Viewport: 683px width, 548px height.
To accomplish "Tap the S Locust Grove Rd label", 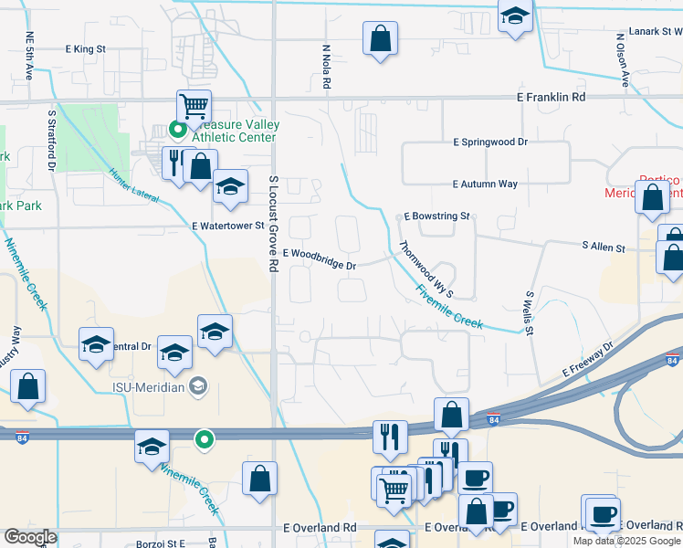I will (x=273, y=223).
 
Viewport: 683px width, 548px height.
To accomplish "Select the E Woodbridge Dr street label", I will (x=319, y=258).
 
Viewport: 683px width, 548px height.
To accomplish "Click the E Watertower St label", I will (x=227, y=225).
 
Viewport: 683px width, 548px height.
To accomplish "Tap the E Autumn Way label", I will (x=484, y=184).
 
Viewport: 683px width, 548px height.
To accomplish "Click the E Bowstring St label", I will (x=436, y=217).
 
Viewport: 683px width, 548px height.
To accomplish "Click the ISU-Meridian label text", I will (x=161, y=386).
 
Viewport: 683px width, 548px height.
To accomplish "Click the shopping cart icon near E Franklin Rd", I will (x=194, y=106).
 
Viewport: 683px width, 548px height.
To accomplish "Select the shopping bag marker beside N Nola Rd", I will (x=380, y=38).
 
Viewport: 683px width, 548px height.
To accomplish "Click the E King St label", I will (x=87, y=48).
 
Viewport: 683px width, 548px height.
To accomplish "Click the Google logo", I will (x=31, y=537).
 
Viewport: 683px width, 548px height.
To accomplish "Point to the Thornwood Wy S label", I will (x=426, y=269).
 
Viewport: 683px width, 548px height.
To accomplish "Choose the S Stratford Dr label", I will (x=52, y=142).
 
